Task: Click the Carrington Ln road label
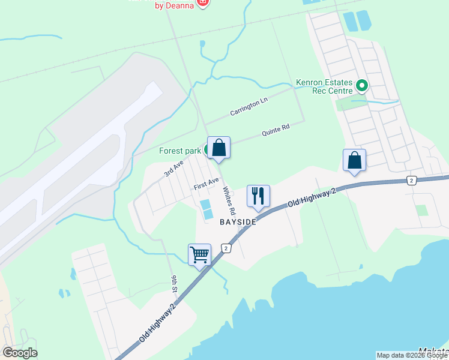point(249,108)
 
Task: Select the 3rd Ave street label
point(173,169)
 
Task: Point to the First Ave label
point(206,184)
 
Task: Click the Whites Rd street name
point(229,201)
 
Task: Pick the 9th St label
point(174,284)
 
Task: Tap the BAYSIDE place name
point(238,222)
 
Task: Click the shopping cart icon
point(199,254)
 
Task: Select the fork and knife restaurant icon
point(258,196)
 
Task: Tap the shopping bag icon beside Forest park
point(219,148)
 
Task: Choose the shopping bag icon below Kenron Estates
point(354,160)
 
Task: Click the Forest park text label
point(179,151)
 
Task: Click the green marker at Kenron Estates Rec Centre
point(361,86)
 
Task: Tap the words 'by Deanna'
point(175,5)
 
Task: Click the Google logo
point(20,352)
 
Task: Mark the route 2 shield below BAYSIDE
point(226,248)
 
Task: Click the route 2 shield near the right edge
point(411,180)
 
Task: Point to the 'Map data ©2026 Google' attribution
point(412,355)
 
